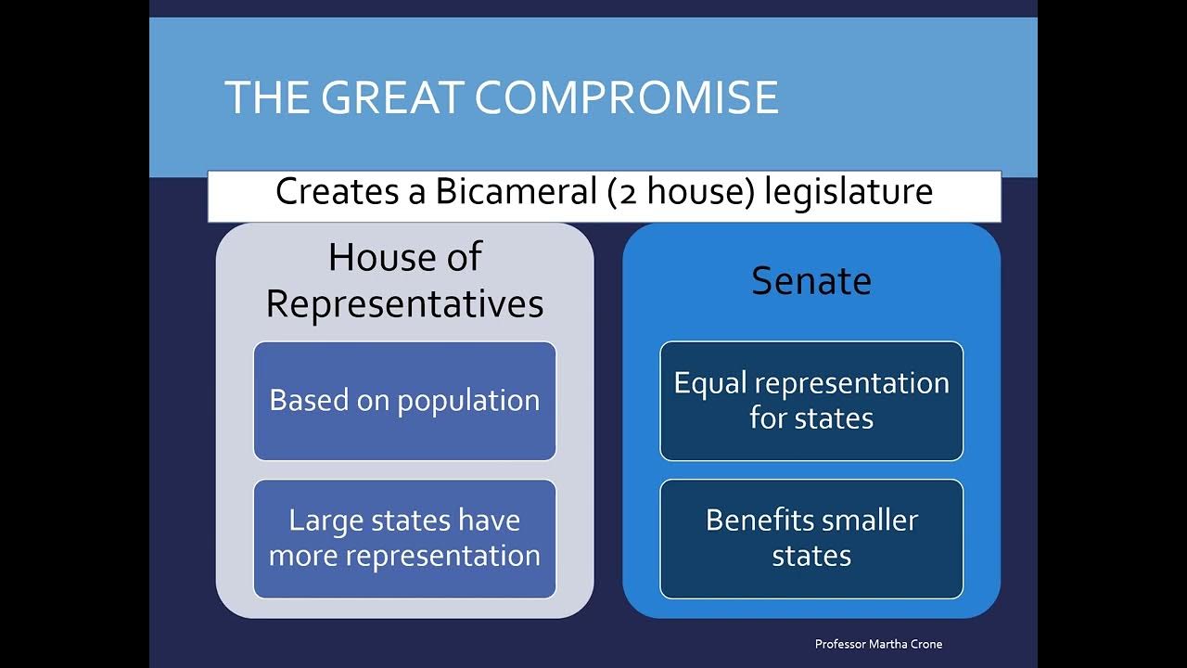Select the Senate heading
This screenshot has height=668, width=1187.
[x=811, y=281]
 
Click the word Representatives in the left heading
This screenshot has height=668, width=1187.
[x=404, y=303]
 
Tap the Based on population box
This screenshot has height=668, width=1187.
[x=404, y=401]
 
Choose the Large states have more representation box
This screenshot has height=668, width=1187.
[x=404, y=538]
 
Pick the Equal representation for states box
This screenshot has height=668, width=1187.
[x=811, y=401]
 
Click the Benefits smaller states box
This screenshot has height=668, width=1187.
[x=811, y=538]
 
